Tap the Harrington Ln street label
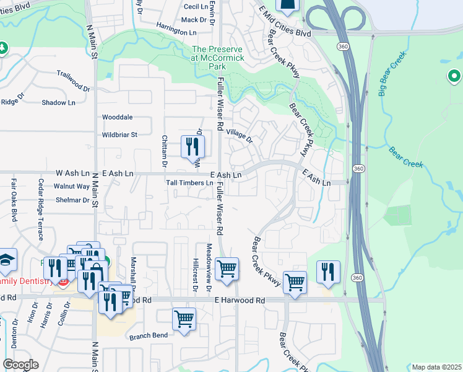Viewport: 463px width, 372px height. point(176,32)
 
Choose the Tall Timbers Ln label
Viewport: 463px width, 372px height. point(189,184)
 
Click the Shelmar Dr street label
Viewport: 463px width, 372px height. point(72,200)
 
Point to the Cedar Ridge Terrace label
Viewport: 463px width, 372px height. point(41,210)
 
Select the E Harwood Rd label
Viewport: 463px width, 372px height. point(240,300)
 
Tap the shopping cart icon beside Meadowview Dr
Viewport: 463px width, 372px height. point(227,269)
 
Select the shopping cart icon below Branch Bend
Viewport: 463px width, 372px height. point(184,319)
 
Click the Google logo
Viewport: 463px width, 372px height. point(20,365)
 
